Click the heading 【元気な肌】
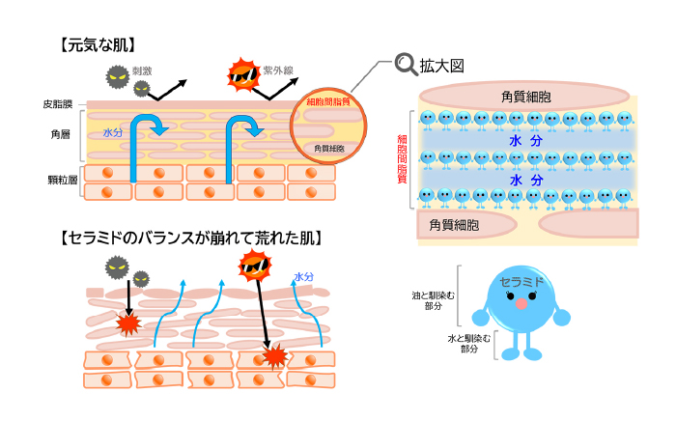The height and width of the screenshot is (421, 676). point(96,43)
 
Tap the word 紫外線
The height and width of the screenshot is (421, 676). point(277,72)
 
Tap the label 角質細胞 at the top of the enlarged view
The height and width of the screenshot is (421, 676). point(526,97)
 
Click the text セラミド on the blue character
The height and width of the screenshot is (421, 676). point(521,282)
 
